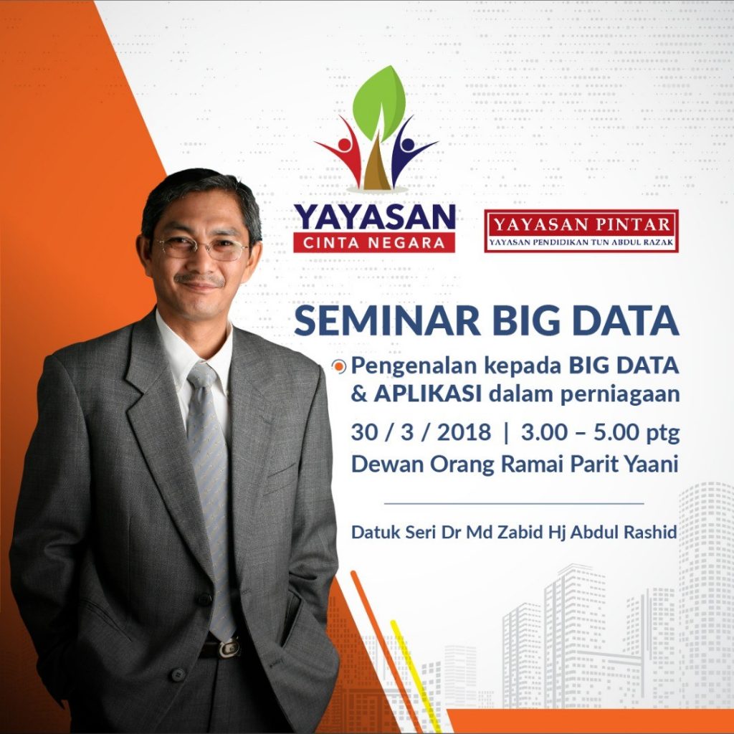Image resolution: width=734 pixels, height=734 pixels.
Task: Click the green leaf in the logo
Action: [x=379, y=103]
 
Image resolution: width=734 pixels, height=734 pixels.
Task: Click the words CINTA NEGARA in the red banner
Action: [x=374, y=243]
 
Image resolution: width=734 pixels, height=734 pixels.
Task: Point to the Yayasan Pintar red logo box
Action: [x=581, y=231]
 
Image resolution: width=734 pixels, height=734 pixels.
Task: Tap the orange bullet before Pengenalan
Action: [x=339, y=366]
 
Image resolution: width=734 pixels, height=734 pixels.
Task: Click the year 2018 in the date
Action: [x=464, y=432]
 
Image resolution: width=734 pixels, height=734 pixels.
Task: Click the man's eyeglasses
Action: [x=203, y=248]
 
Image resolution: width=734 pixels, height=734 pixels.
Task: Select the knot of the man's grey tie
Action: [x=202, y=376]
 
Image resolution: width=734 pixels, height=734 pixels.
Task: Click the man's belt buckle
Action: [x=229, y=648]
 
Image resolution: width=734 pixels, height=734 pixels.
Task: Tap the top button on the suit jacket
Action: [x=204, y=599]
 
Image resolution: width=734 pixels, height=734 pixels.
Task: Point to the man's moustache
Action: [x=199, y=280]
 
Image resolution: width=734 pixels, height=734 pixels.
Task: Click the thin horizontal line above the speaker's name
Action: [x=514, y=504]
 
